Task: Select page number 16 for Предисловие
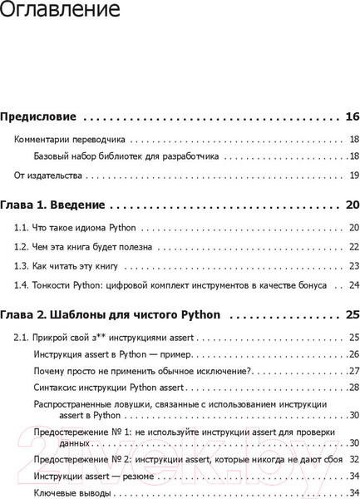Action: [x=352, y=116]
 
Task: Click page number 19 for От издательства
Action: [x=353, y=175]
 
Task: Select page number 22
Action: [x=353, y=247]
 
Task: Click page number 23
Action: [x=353, y=266]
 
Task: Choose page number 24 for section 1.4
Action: [x=353, y=285]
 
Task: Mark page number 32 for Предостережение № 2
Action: [x=353, y=459]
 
